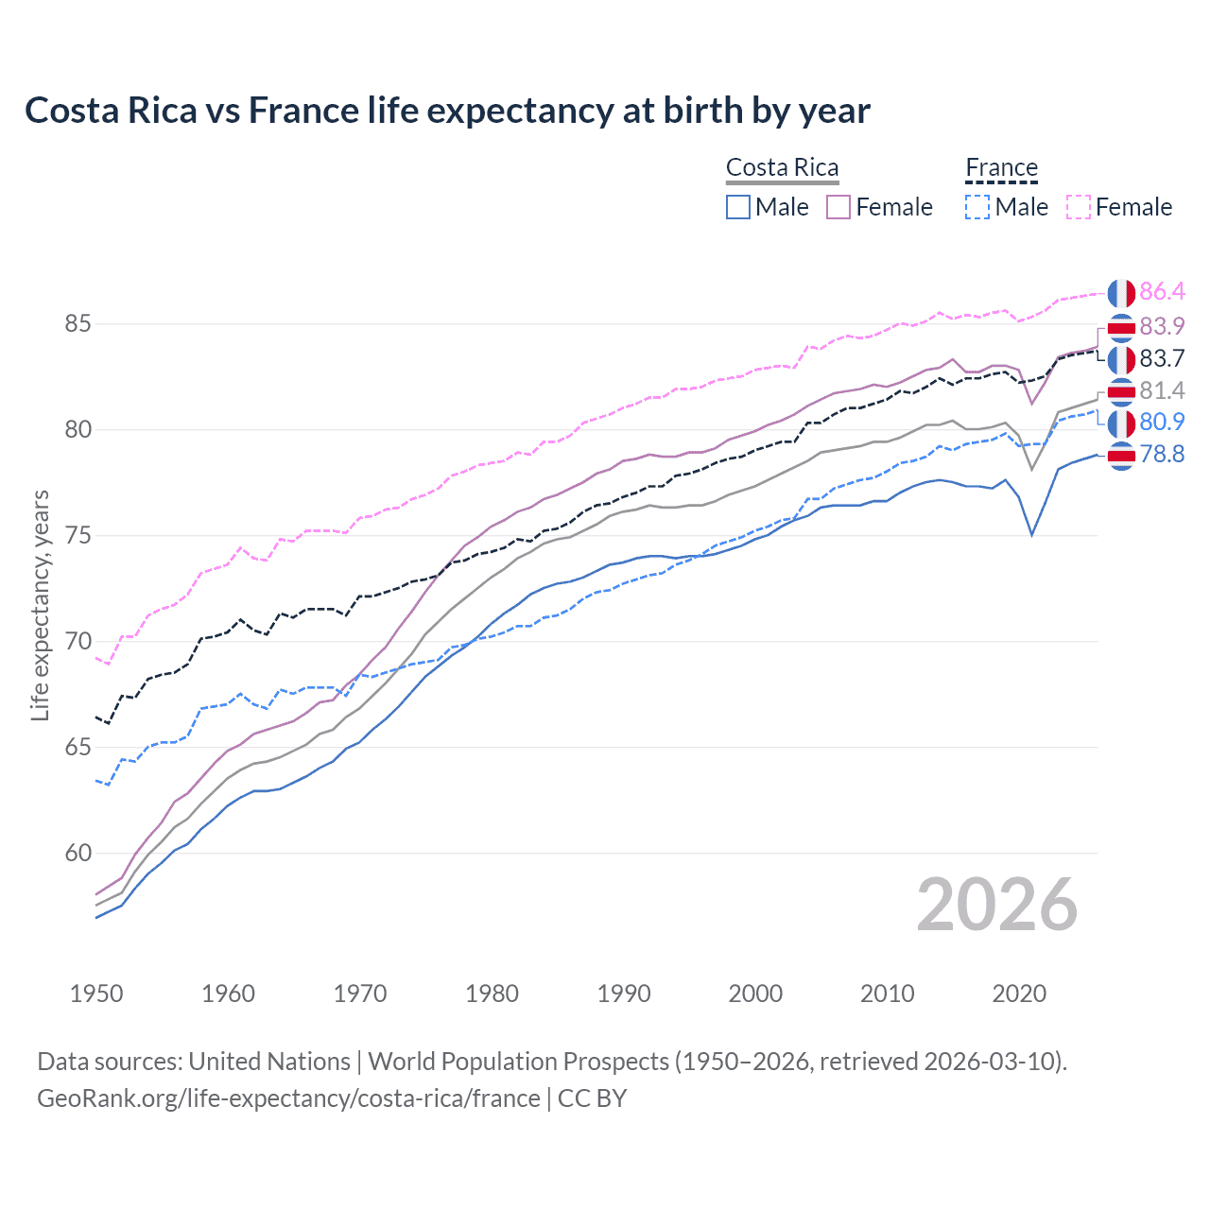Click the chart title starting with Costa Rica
[x=447, y=111]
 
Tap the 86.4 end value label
[x=1162, y=291]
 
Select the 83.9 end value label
[x=1162, y=326]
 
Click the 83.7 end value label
[x=1162, y=358]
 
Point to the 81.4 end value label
[x=1162, y=390]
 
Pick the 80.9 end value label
[x=1162, y=422]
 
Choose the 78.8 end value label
[x=1162, y=455]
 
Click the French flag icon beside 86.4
[x=1121, y=293]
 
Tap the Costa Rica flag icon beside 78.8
[x=1121, y=456]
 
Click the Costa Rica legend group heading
[x=782, y=168]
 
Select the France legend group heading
[x=1001, y=168]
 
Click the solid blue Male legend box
[x=738, y=207]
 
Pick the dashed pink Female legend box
[x=1079, y=207]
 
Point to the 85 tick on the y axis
[x=78, y=324]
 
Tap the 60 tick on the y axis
[x=78, y=854]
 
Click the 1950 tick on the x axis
[x=96, y=994]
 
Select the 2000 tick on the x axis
[x=755, y=994]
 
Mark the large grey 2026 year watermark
[x=997, y=906]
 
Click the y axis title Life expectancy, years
[x=41, y=605]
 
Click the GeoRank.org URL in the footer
[x=288, y=1098]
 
